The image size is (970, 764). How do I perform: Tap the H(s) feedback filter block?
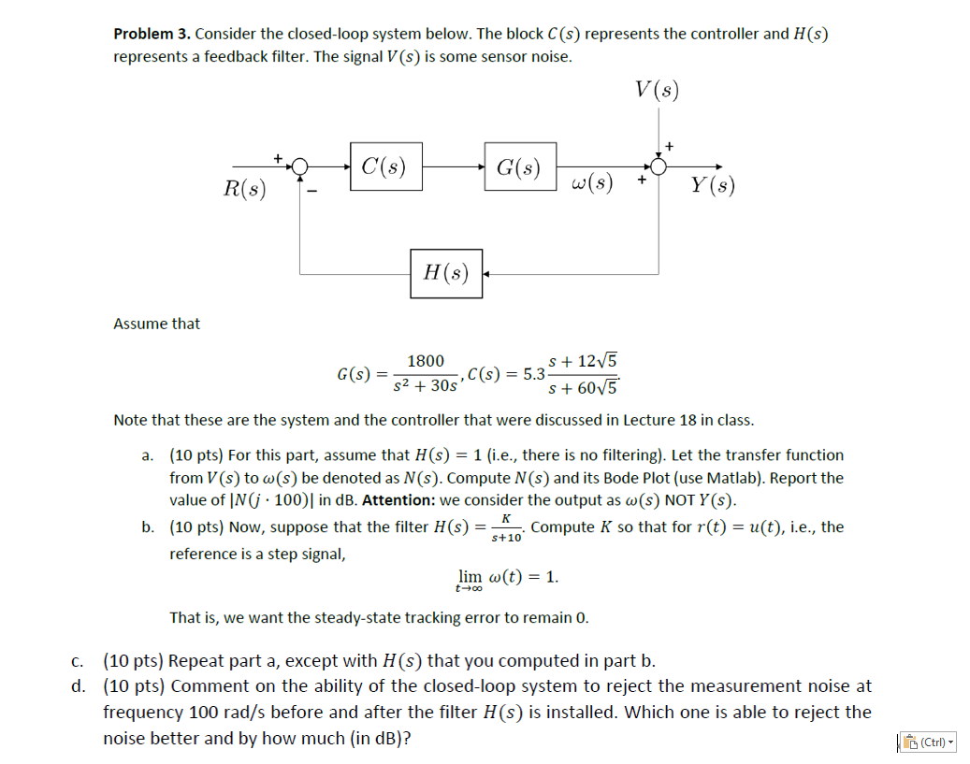pos(446,273)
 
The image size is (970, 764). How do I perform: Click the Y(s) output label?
pos(713,185)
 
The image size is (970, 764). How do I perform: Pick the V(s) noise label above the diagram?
pos(657,90)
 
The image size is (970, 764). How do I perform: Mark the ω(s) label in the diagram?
pos(591,181)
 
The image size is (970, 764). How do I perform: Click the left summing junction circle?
pos(299,166)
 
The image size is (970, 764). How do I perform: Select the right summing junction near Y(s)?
pos(659,166)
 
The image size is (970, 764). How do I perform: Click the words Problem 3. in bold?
pos(152,34)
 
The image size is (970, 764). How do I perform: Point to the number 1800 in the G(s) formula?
pos(426,361)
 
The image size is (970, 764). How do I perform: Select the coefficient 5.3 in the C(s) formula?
pos(534,374)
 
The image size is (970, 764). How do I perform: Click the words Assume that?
pos(156,324)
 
